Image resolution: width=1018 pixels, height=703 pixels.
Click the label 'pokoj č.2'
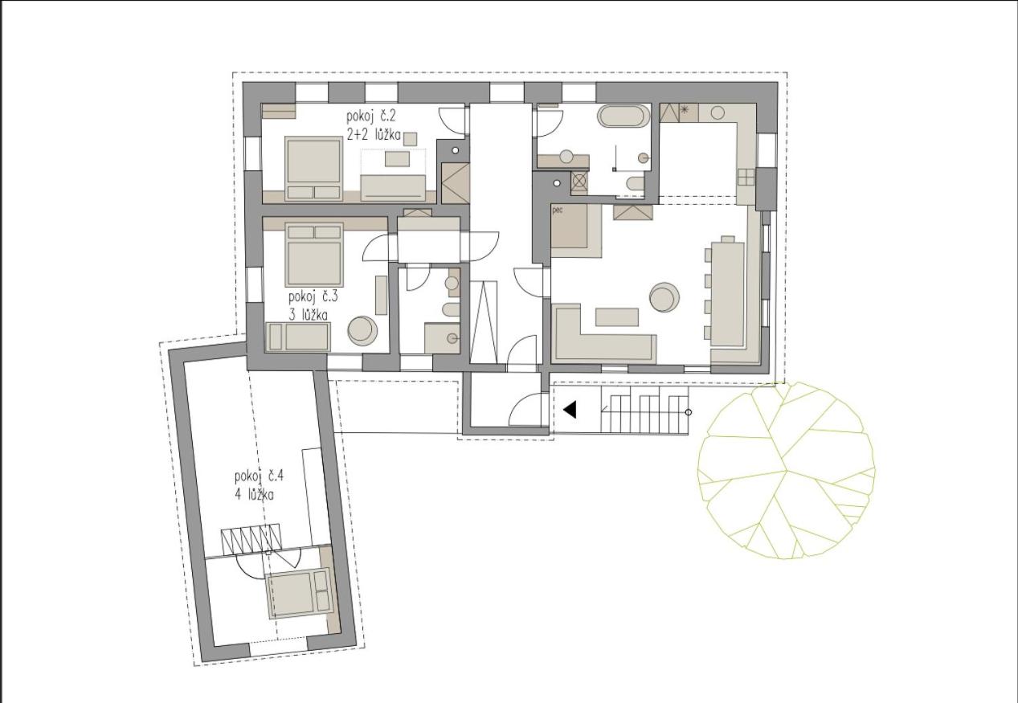coord(371,116)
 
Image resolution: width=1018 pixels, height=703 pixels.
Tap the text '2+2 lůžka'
coord(374,134)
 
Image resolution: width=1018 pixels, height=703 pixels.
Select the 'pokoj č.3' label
coord(313,297)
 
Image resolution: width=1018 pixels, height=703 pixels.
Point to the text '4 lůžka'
coord(255,495)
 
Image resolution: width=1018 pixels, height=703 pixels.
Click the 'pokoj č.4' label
coord(259,476)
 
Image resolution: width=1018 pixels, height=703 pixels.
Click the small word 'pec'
coord(558,210)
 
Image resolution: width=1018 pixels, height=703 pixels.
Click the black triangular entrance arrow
coord(570,410)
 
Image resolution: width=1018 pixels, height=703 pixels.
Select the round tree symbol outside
coord(786,470)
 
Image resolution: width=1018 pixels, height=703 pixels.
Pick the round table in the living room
coord(664,297)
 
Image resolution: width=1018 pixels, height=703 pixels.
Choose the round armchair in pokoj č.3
coord(362,330)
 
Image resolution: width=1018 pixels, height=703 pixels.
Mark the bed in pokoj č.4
coord(299,593)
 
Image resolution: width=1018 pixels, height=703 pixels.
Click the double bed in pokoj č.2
coord(313,169)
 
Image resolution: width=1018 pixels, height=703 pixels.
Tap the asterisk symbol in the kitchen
coord(684,109)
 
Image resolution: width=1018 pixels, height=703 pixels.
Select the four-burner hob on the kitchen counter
coord(746,178)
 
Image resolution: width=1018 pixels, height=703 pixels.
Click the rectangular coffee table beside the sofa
coord(617,317)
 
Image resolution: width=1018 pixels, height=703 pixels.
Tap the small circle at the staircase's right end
coord(688,412)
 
